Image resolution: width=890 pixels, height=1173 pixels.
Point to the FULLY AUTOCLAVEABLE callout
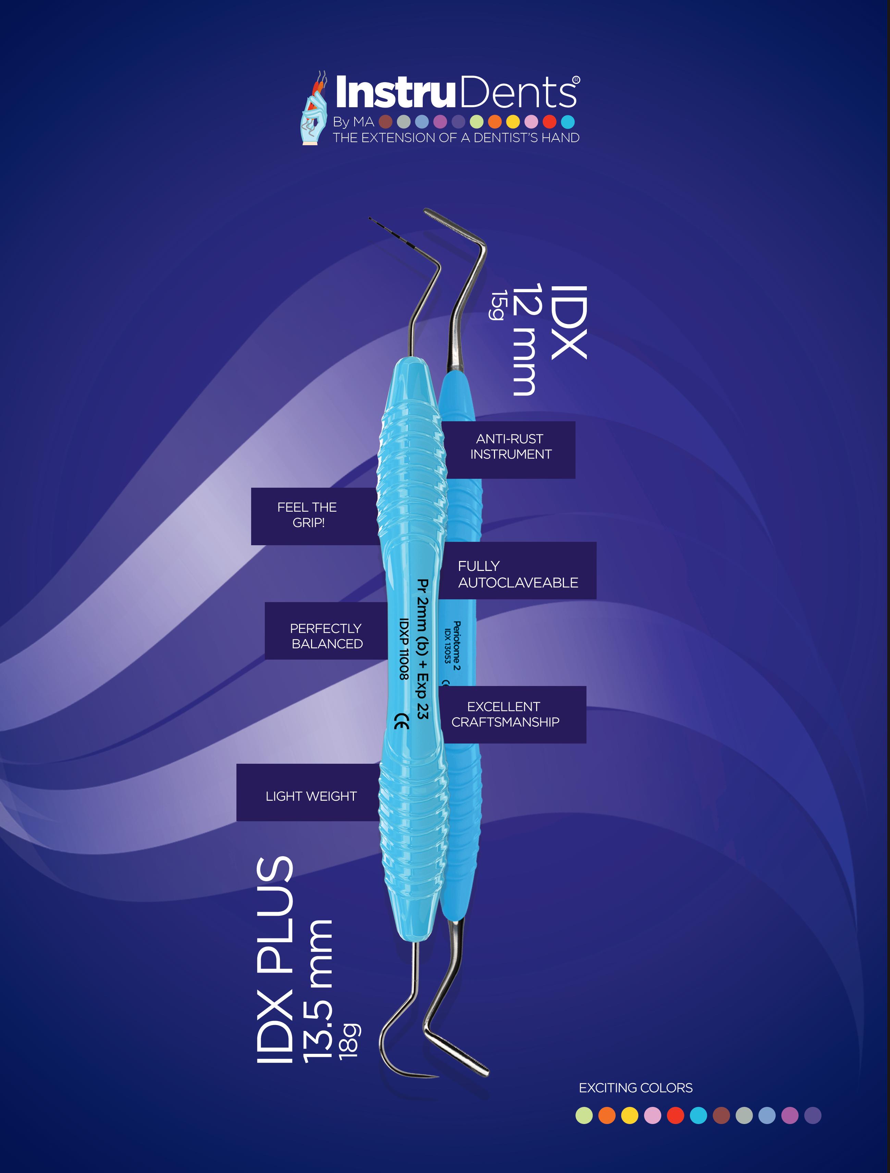pos(517,574)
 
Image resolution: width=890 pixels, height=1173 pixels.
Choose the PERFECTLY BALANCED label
pos(326,636)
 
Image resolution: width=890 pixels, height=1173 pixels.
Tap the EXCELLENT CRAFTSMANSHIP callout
pos(505,714)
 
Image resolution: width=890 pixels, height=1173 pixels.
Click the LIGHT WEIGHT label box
pos(311,796)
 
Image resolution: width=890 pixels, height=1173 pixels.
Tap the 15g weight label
pos(497,305)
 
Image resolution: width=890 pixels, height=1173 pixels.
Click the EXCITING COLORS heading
pos(635,1088)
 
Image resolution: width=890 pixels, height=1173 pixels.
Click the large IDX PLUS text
pos(275,960)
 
